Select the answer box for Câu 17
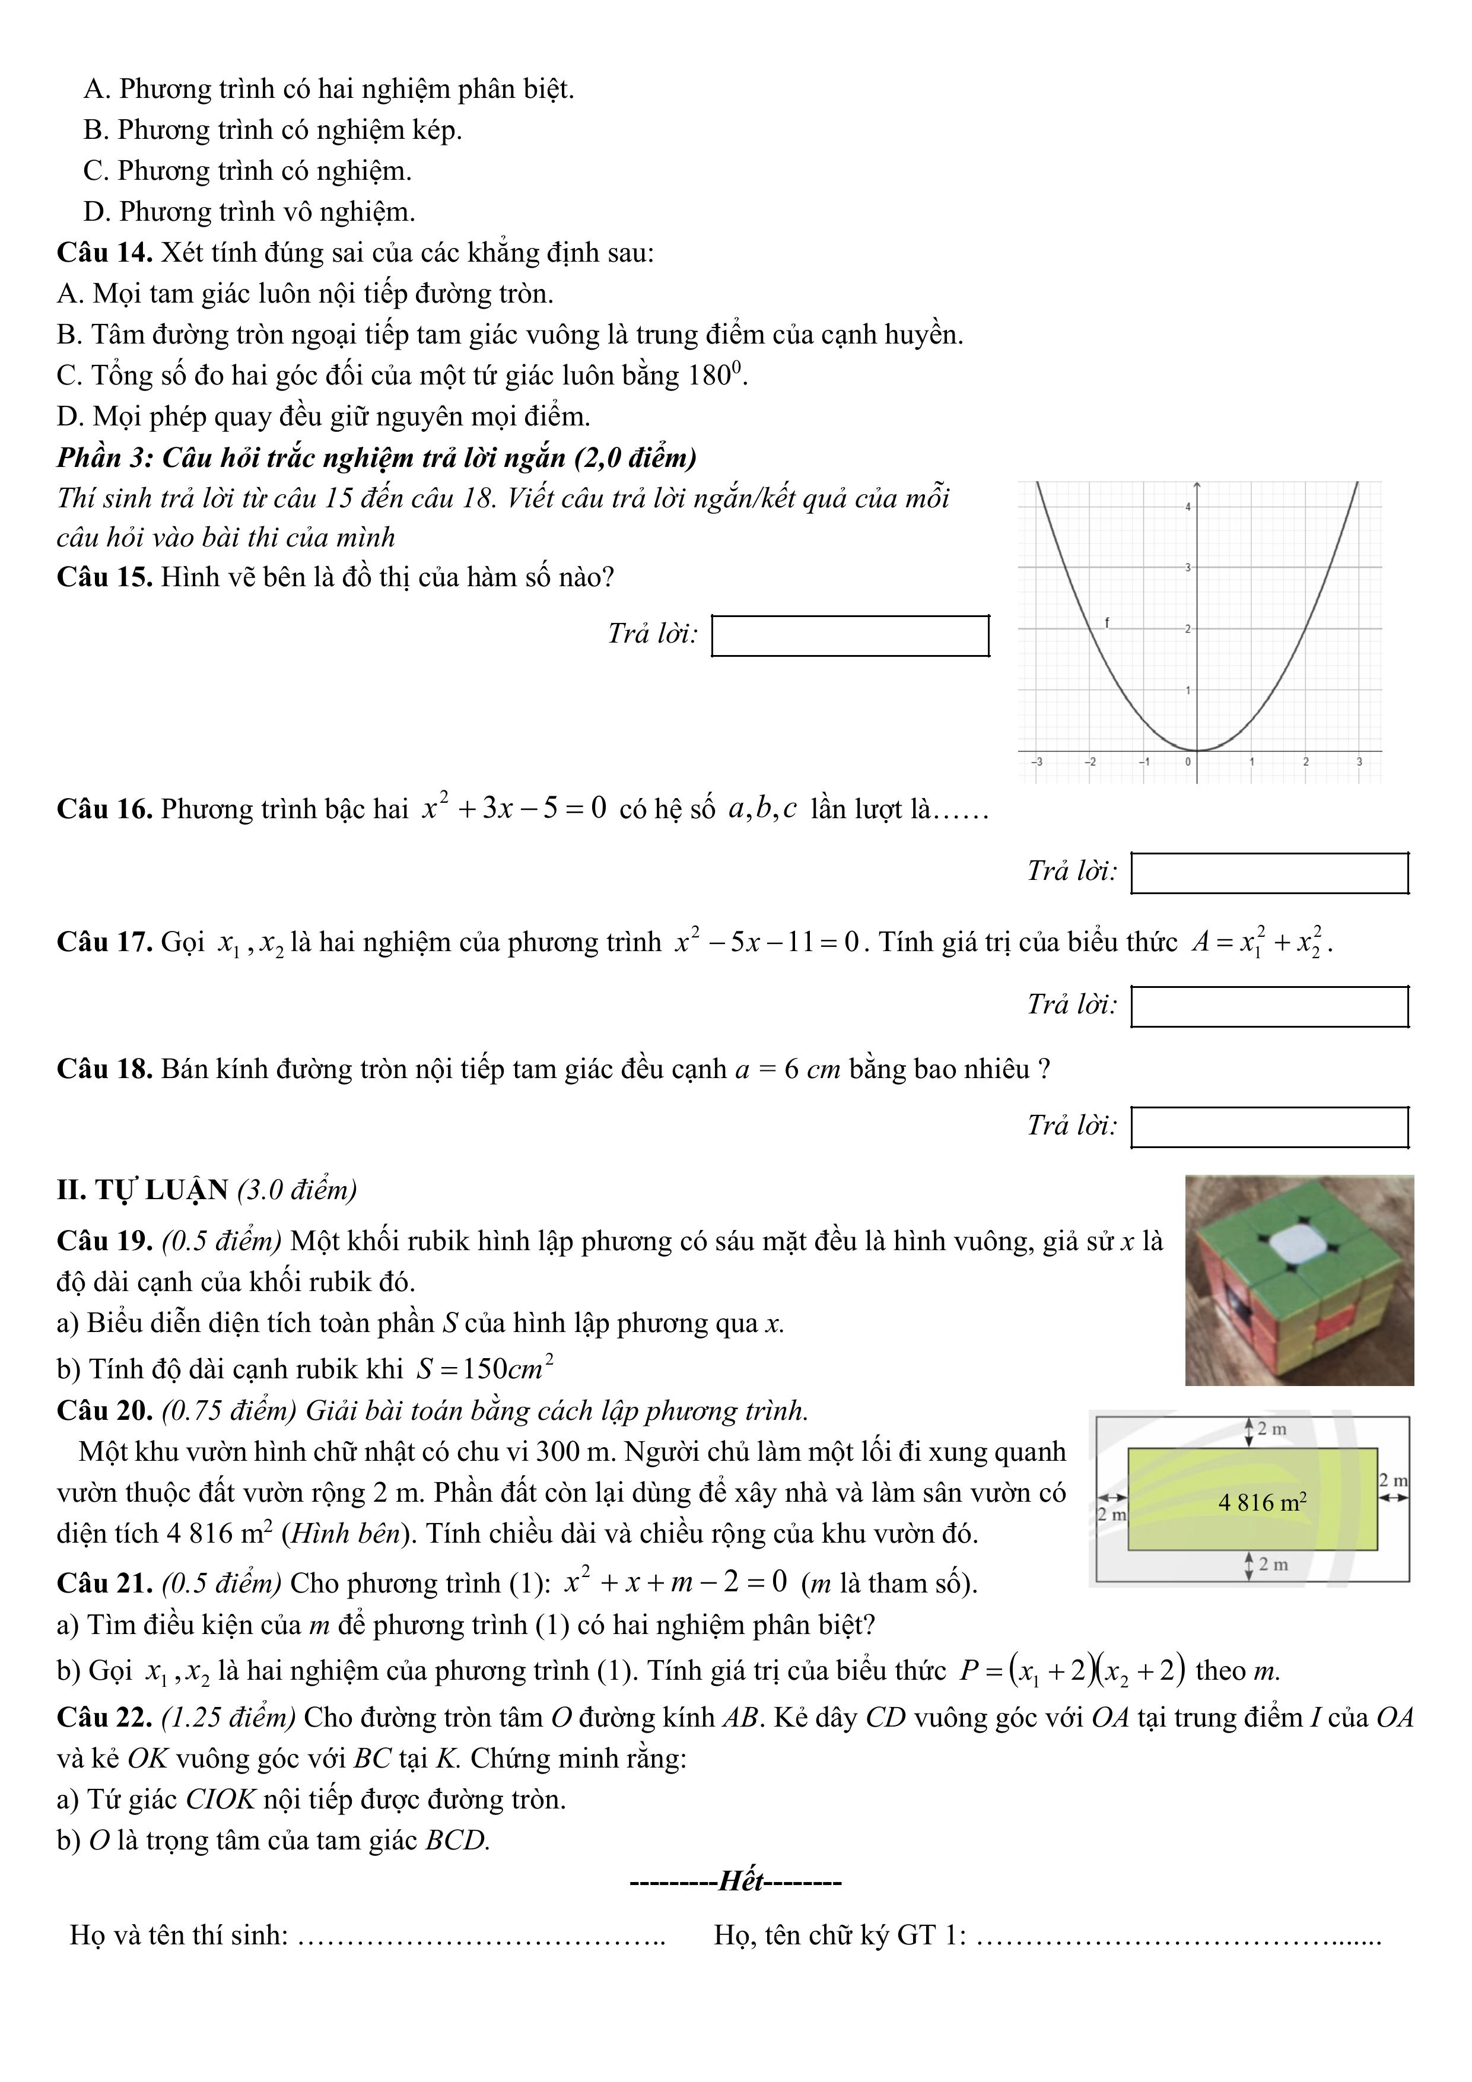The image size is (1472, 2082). [x=1270, y=1006]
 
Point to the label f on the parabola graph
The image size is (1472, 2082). [x=1107, y=622]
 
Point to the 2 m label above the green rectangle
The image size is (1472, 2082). [x=1271, y=1429]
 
